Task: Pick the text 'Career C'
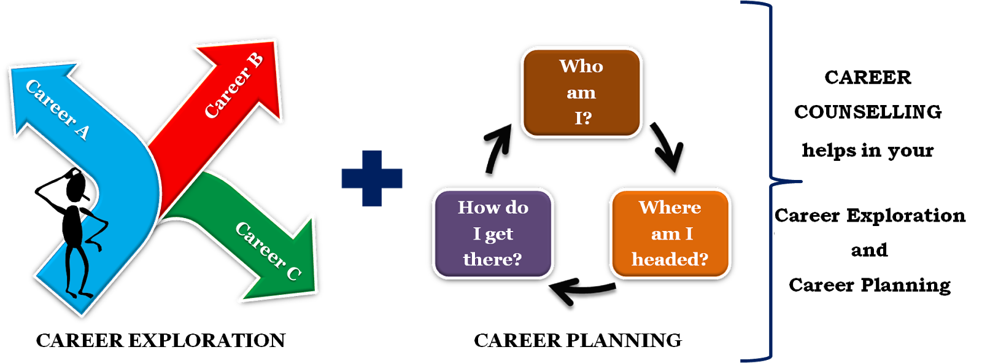[x=268, y=251]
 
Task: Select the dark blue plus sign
[x=372, y=178]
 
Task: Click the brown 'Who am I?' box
[x=581, y=92]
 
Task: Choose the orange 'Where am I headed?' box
[x=670, y=233]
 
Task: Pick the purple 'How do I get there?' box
[x=493, y=233]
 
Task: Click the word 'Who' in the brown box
[x=581, y=66]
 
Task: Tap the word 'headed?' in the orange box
[x=670, y=260]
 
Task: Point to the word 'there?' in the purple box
[x=493, y=260]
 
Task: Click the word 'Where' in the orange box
[x=670, y=208]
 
